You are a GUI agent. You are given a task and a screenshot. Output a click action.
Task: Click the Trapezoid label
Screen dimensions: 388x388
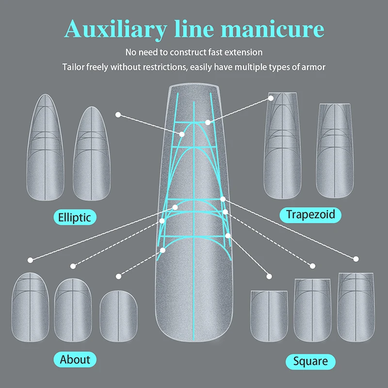(x=310, y=214)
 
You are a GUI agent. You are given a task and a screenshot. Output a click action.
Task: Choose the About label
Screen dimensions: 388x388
(x=75, y=359)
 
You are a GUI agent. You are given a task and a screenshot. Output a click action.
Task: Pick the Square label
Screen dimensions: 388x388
(x=310, y=361)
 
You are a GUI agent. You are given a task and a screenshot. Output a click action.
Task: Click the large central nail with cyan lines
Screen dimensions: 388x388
(x=194, y=218)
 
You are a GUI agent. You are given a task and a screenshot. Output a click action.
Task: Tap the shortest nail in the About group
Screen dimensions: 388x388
(x=119, y=315)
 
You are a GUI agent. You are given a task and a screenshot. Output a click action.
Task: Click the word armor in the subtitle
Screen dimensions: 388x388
(x=313, y=67)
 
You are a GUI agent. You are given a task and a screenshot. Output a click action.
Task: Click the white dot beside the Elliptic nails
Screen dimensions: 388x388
(x=118, y=114)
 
